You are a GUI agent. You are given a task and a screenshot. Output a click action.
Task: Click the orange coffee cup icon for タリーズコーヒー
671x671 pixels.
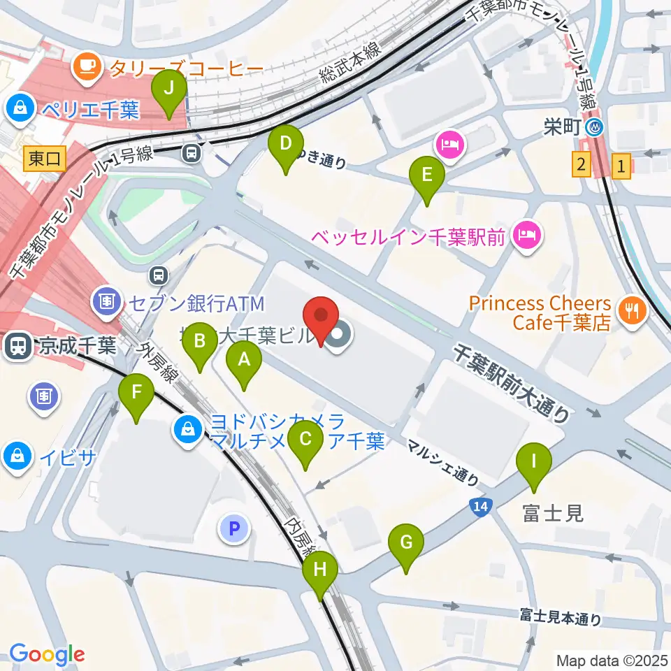coord(87,67)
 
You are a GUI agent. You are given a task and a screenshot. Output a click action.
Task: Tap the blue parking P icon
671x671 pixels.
coord(234,529)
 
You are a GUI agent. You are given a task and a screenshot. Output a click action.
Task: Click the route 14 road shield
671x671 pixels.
coord(476,505)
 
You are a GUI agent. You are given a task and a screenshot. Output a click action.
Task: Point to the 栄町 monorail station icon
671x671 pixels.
coord(595,128)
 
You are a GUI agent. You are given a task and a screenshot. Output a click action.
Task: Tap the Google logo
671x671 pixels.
coord(47,654)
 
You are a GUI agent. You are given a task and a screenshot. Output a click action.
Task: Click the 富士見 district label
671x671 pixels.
coord(552,514)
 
